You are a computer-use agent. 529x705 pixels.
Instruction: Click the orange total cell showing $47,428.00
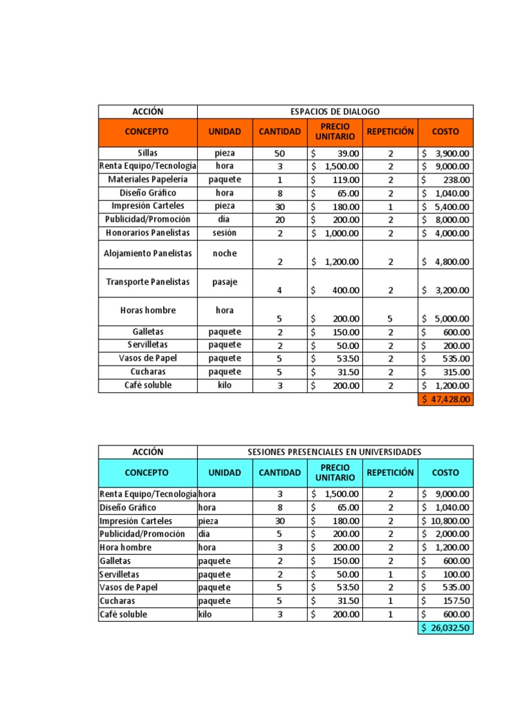[x=446, y=399]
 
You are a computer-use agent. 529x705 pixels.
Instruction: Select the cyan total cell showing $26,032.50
[x=446, y=629]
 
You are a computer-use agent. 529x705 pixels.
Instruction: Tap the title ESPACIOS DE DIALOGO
[x=335, y=112]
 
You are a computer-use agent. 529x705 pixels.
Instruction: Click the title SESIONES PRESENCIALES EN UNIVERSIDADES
[x=335, y=452]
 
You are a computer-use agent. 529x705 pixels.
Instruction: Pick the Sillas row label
[x=147, y=153]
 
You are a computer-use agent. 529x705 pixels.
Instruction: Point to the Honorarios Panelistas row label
[x=147, y=233]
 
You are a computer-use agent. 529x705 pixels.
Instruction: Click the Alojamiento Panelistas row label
[x=147, y=253]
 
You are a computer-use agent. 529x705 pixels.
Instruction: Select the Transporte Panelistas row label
[x=147, y=282]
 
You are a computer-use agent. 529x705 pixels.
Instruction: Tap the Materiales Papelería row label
[x=147, y=179]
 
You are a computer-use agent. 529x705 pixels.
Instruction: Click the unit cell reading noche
[x=225, y=253]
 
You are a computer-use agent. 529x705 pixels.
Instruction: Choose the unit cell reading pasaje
[x=225, y=282]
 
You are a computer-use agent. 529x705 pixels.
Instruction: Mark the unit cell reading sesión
[x=225, y=233]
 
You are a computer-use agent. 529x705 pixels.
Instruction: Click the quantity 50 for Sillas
[x=280, y=153]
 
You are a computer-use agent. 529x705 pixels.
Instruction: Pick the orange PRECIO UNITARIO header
[x=335, y=131]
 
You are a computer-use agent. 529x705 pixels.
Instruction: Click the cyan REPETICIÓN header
[x=391, y=472]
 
